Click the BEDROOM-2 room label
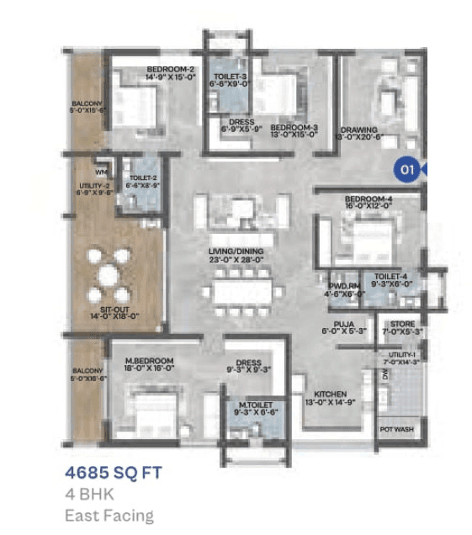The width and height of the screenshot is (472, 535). (171, 69)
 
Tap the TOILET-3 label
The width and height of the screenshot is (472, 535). (227, 76)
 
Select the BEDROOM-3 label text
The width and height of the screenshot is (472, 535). (294, 127)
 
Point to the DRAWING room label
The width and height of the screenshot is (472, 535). (358, 130)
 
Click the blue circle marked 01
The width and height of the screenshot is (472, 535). (407, 169)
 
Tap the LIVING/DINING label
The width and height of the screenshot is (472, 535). (236, 252)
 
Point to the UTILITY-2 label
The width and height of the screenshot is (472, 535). (93, 186)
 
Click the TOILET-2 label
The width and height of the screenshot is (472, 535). (142, 178)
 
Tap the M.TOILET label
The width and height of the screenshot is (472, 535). (254, 407)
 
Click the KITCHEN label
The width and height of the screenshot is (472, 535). (331, 394)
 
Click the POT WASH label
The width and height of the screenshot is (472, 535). (396, 429)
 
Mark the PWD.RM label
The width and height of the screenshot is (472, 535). (343, 285)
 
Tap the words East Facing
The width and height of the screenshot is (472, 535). (109, 515)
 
